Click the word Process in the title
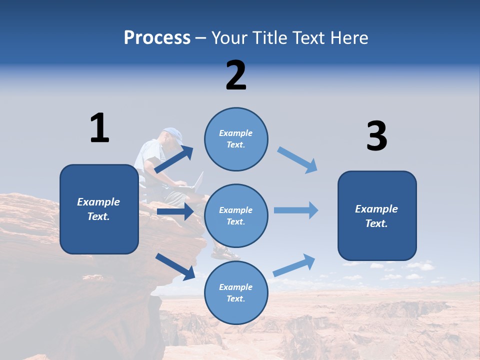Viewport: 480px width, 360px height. point(157,37)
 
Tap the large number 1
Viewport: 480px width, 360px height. point(99,128)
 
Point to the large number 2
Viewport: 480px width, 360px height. point(236,75)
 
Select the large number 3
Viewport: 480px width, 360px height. point(376,136)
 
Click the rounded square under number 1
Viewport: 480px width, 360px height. point(99,209)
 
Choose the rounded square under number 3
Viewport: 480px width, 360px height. point(377,215)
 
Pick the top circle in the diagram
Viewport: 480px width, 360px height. point(236,138)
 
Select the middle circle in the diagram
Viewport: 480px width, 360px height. point(236,215)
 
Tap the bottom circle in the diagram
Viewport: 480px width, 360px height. point(236,292)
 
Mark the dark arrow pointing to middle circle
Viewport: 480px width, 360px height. point(175,211)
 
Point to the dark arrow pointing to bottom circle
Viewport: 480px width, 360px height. point(175,266)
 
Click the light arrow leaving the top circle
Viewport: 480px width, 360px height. point(297,159)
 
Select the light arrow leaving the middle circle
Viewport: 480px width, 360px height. point(296,210)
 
